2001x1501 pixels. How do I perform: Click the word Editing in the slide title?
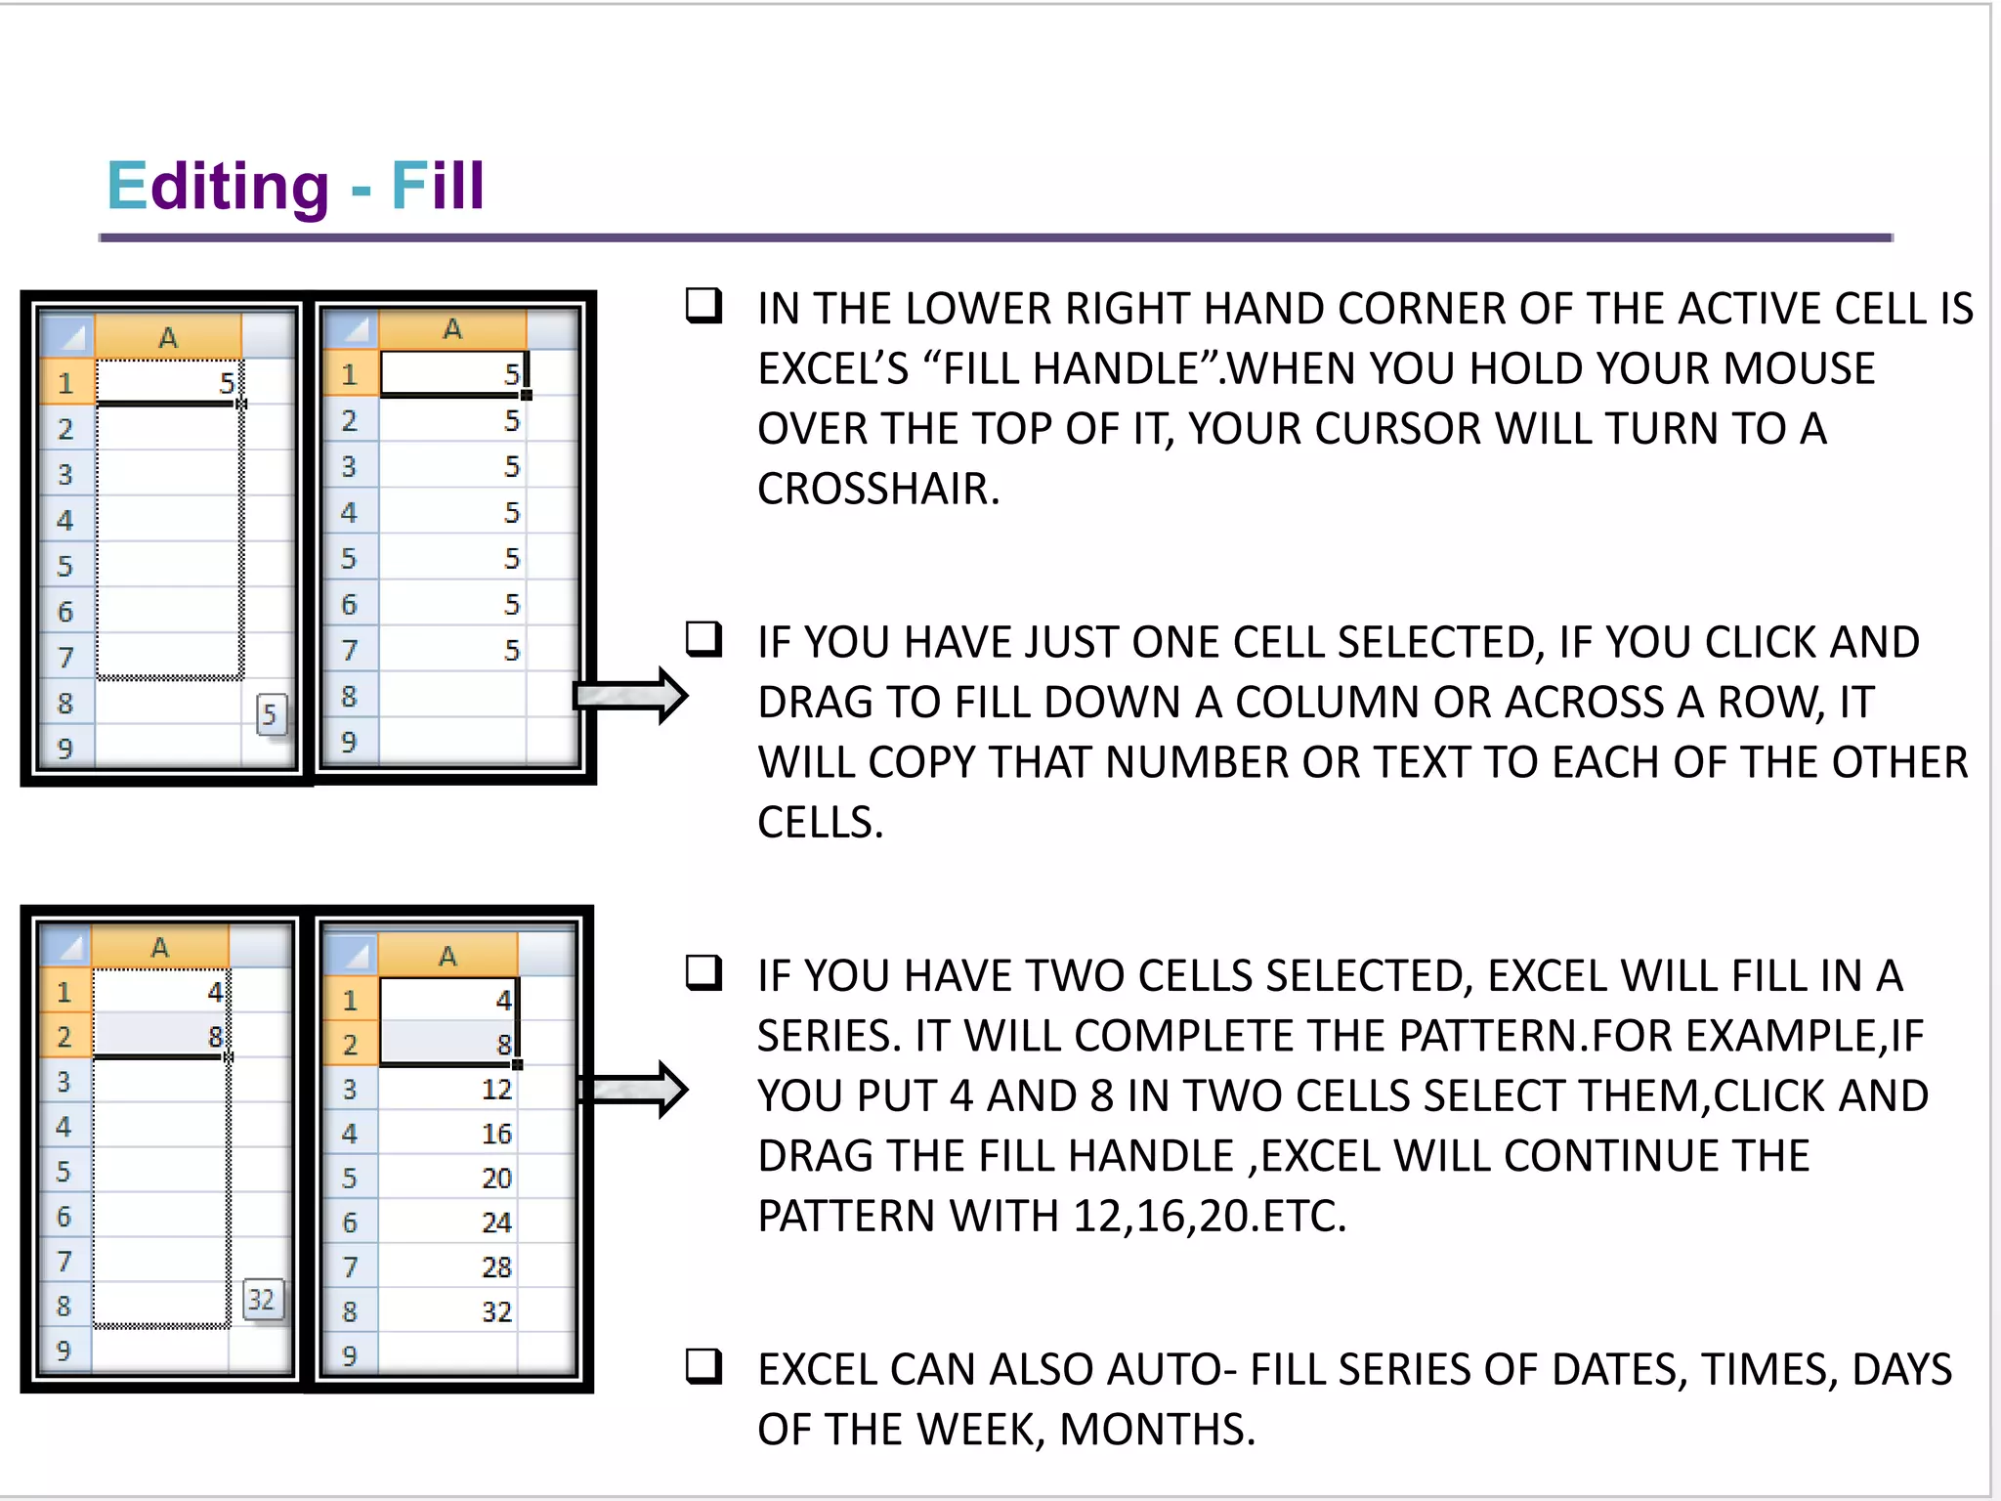217,186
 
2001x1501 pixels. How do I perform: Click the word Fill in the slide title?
437,186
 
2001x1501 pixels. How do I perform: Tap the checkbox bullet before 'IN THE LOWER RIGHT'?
703,306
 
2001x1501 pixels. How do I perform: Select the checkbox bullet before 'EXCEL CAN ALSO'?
703,1366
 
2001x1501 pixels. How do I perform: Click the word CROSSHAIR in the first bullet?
877,489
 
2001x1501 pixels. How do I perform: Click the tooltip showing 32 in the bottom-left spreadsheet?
262,1300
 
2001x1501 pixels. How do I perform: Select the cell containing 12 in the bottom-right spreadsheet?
449,1089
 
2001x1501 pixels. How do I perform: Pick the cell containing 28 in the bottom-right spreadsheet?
449,1267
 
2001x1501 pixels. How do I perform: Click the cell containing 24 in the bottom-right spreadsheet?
449,1222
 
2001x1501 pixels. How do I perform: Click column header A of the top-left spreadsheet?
168,338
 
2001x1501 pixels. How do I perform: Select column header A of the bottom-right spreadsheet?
447,956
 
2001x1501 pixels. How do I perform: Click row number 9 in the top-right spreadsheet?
349,743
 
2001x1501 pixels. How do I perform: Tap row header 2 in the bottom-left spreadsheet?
64,1037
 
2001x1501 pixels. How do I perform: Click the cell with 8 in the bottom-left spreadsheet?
161,1037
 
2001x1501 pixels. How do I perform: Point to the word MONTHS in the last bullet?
1156,1430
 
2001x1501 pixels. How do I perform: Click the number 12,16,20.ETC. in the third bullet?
1209,1217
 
